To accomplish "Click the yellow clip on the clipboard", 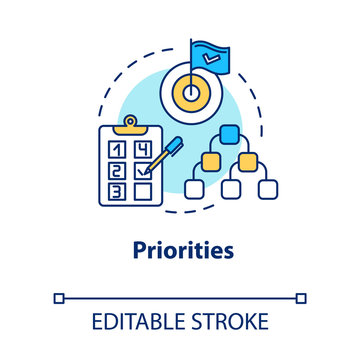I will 128,125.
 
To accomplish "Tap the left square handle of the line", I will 58,297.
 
